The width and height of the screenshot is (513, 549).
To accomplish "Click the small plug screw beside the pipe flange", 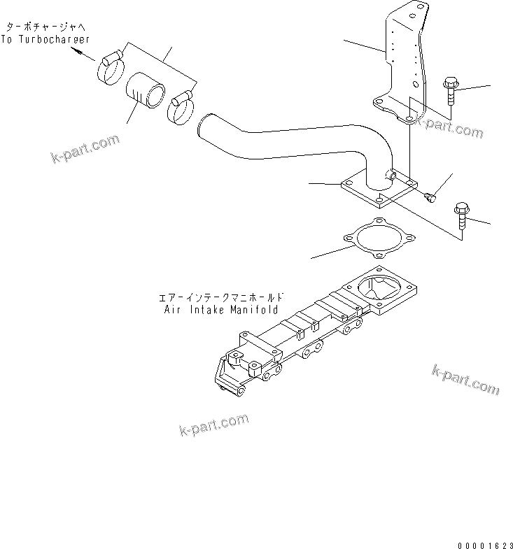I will pyautogui.click(x=430, y=199).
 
